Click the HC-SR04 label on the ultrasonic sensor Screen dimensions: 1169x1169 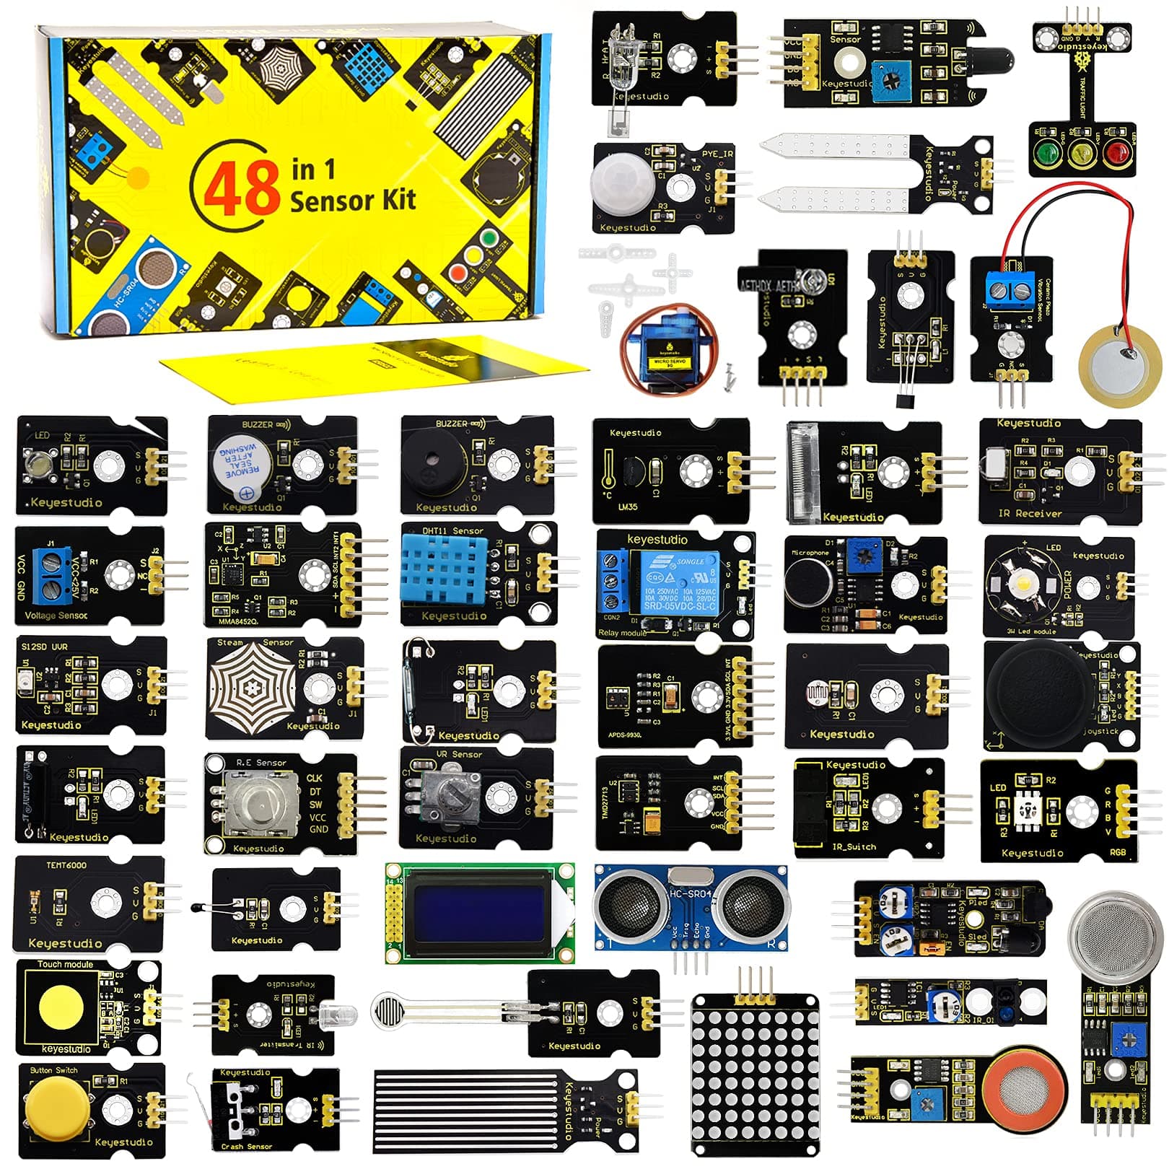click(691, 893)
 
